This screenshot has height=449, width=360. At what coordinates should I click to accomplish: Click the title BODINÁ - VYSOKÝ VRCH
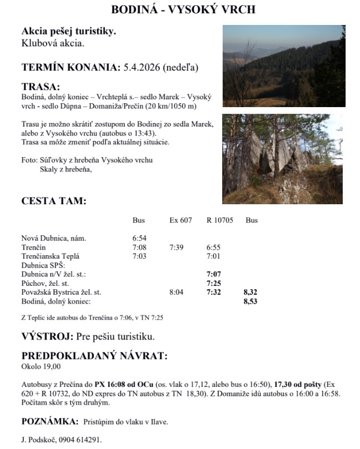coord(179,10)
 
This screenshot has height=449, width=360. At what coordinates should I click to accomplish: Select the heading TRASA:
coord(40,87)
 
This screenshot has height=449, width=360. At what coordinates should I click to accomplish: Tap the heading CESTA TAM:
coord(54,201)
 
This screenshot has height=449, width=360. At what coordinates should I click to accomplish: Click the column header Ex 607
coord(181,220)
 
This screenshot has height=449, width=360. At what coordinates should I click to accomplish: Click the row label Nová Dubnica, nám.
coord(54,239)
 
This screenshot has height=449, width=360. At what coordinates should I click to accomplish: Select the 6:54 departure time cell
coord(139,239)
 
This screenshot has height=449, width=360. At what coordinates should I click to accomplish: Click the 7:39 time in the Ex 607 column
coord(176,248)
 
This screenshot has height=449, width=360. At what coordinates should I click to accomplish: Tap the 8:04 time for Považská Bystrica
coord(176,292)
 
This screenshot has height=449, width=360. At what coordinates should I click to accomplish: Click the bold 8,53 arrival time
coord(251,301)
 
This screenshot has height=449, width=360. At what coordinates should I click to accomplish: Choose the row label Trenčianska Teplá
coord(51,256)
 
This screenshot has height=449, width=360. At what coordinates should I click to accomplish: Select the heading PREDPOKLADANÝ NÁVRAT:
coord(94,356)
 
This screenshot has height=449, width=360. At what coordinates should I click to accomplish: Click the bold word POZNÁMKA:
coord(48,422)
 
